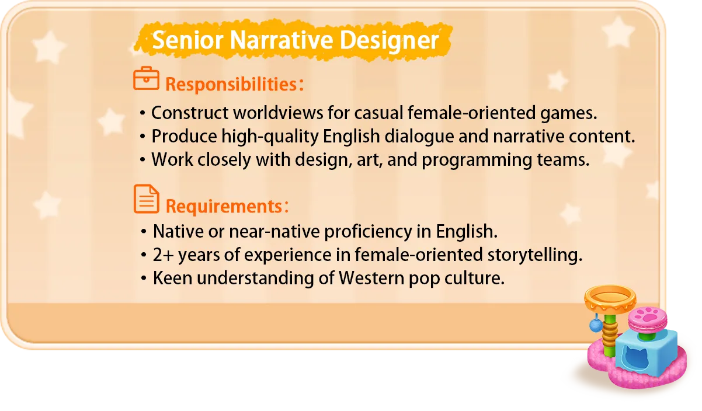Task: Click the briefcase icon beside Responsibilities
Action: [x=146, y=79]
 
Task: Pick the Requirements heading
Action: [x=224, y=206]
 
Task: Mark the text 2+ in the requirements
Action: [x=163, y=255]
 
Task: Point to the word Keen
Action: [x=172, y=278]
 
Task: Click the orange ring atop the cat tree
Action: [x=610, y=295]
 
